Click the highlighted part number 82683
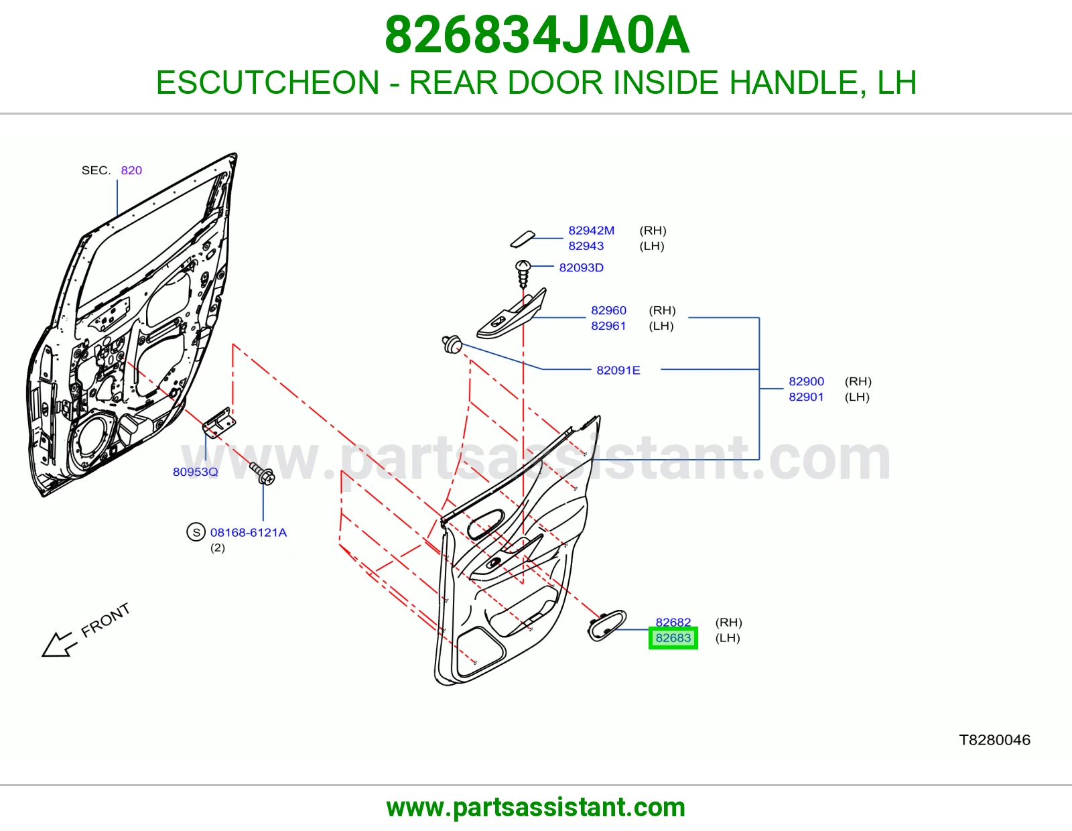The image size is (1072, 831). tap(673, 638)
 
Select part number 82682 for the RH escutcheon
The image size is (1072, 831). tap(673, 622)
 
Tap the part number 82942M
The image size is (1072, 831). tap(591, 231)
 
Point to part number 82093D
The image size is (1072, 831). tap(581, 267)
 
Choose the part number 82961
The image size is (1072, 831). tap(608, 326)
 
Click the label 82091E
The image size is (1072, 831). tap(618, 370)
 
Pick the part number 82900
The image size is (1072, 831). tap(806, 381)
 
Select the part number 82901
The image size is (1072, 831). tap(806, 397)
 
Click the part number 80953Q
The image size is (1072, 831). tap(196, 472)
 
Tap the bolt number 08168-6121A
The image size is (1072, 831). tap(248, 533)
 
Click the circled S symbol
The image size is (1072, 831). tap(196, 532)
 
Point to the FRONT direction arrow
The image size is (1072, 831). tap(60, 645)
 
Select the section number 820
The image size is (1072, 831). tap(131, 170)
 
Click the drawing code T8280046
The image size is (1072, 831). tap(994, 741)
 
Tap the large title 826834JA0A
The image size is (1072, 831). tap(536, 35)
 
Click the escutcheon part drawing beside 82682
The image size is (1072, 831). tap(607, 625)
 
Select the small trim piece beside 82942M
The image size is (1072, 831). tap(523, 239)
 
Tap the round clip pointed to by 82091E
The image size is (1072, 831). tap(452, 344)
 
